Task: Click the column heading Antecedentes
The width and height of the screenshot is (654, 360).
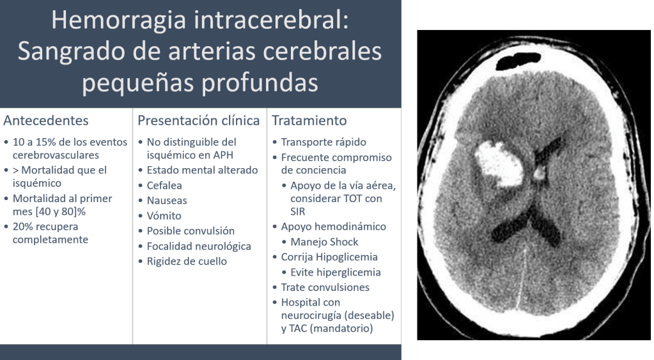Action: click(46, 120)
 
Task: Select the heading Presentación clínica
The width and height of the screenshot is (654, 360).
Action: click(199, 120)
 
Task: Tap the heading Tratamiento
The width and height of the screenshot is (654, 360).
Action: click(309, 120)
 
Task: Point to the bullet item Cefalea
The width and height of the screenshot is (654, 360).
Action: click(164, 185)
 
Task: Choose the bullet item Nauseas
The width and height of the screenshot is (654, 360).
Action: click(167, 200)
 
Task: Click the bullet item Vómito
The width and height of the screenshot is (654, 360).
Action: click(164, 215)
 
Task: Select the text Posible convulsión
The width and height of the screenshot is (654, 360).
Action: click(191, 231)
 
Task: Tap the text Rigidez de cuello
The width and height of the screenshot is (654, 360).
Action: click(187, 261)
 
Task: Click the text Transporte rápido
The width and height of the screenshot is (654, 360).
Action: click(323, 142)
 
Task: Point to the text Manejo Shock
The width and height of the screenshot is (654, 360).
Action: click(325, 242)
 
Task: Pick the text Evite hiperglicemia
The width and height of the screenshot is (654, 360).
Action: click(336, 272)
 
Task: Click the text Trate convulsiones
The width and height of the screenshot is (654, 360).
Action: click(325, 287)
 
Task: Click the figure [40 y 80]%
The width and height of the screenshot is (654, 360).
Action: click(61, 212)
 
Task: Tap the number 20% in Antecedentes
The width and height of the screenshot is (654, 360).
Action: click(22, 226)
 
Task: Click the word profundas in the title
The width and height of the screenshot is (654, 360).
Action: click(260, 82)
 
